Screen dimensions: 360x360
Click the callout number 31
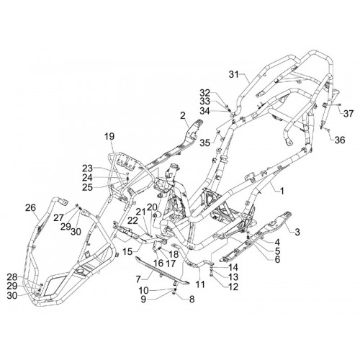pos(234,75)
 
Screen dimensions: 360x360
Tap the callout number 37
pos(348,113)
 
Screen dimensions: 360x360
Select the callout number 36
pos(340,140)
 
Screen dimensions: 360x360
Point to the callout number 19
pos(109,136)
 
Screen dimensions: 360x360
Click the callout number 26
pos(30,207)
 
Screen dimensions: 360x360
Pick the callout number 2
pos(183,116)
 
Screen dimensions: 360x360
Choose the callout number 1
pos(282,191)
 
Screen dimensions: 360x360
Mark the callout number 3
pos(297,232)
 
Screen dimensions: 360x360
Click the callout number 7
pos(138,279)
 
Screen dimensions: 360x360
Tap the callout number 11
pos(200,284)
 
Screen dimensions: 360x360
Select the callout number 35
pos(205,143)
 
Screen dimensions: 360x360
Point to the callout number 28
pos(12,277)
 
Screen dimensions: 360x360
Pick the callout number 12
pos(233,287)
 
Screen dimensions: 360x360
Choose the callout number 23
pos(87,168)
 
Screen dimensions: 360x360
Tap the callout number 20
pos(152,207)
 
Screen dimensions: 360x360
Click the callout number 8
pos(192,300)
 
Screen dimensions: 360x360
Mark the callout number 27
pos(58,218)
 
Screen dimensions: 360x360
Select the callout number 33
pos(204,102)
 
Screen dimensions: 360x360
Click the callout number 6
pos(277,259)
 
